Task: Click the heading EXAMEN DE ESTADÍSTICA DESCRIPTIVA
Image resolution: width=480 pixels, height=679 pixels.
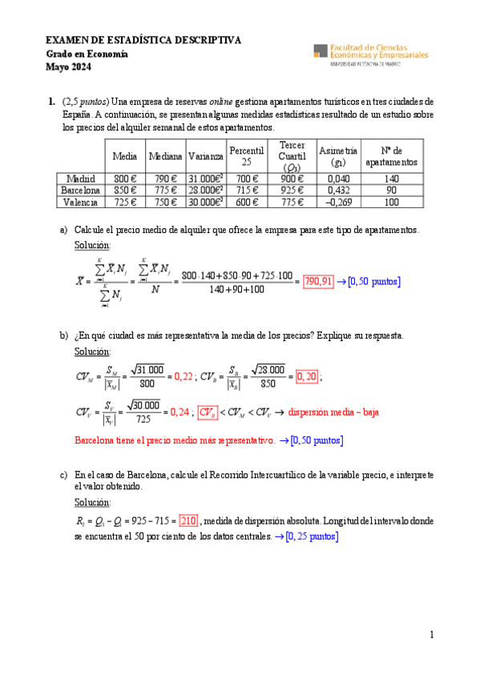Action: pyautogui.click(x=143, y=40)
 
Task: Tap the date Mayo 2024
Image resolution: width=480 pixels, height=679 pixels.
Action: pyautogui.click(x=68, y=67)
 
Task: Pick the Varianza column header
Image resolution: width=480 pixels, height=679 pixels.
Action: pyautogui.click(x=206, y=156)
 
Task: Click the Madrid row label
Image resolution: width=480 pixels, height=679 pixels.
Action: pyautogui.click(x=80, y=179)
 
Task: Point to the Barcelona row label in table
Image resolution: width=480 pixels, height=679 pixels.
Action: pyautogui.click(x=80, y=191)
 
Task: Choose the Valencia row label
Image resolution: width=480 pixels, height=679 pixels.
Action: pyautogui.click(x=80, y=203)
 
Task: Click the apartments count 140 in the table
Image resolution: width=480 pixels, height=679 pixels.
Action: pyautogui.click(x=391, y=179)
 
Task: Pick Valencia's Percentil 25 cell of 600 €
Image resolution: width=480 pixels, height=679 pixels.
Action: pyautogui.click(x=247, y=203)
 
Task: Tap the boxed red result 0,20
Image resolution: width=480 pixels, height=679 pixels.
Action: pyautogui.click(x=306, y=376)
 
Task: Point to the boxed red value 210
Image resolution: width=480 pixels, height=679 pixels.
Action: pyautogui.click(x=188, y=520)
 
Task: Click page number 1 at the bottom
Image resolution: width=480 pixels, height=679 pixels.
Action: pyautogui.click(x=431, y=635)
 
